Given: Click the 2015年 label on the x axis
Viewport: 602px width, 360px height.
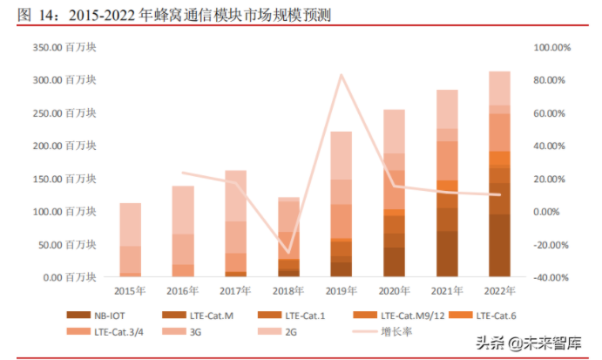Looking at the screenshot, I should (130, 291).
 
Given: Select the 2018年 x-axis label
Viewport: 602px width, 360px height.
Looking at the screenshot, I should (288, 291).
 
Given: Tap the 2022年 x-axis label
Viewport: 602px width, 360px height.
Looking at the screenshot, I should (499, 291).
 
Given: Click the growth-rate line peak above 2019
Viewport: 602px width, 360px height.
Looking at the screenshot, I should (342, 75).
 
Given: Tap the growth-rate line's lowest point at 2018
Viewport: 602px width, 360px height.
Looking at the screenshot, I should (288, 252).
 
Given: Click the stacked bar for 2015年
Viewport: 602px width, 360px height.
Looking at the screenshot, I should (130, 240).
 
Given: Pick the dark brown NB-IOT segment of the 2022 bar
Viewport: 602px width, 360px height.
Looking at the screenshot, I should (499, 246).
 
